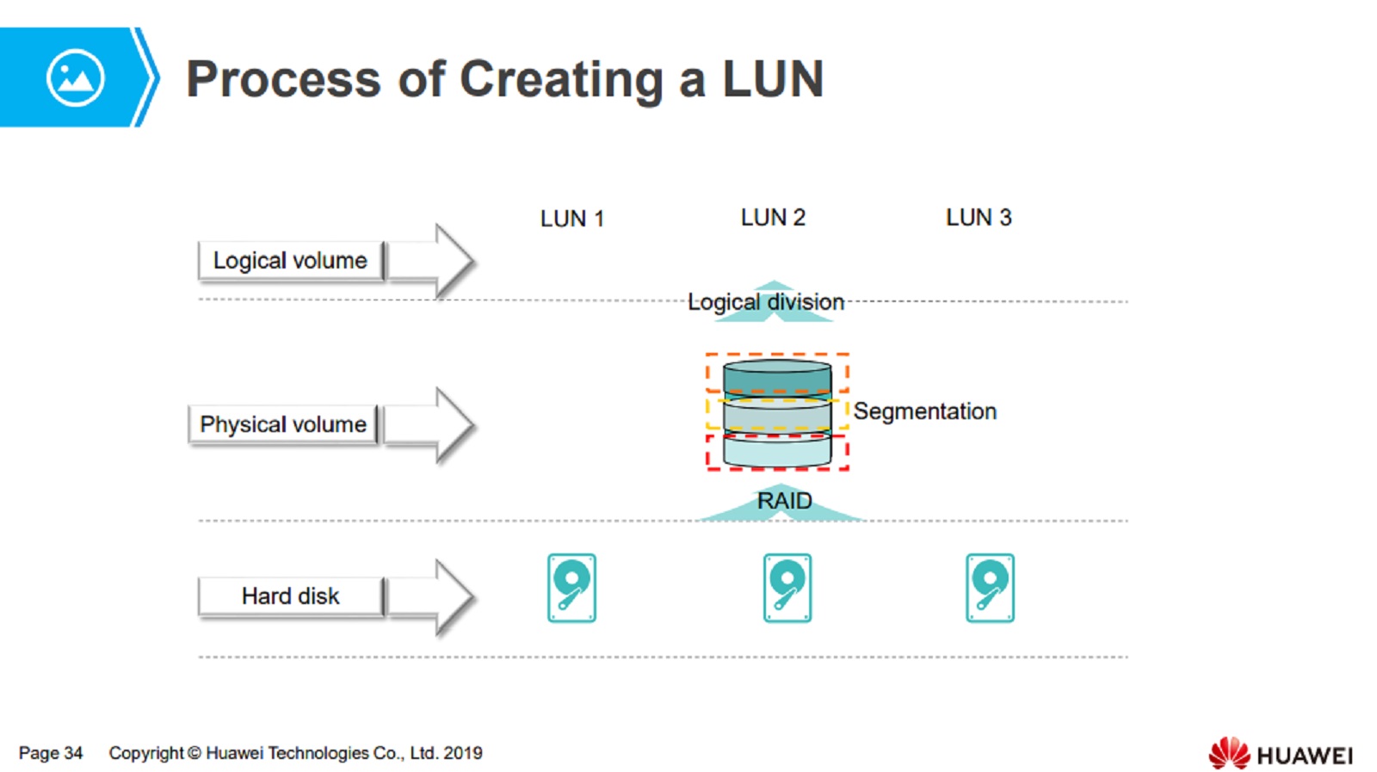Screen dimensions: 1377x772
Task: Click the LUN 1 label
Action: [572, 219]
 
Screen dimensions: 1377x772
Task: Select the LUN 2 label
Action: [773, 217]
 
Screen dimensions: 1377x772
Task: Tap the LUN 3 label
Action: [979, 217]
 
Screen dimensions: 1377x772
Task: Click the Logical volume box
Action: [290, 261]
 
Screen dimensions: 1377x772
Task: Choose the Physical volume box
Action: [283, 424]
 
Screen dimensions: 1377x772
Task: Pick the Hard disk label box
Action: [290, 596]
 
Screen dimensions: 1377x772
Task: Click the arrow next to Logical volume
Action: [431, 261]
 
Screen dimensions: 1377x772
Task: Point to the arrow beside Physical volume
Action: [429, 424]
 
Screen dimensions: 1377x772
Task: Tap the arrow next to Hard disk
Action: [431, 596]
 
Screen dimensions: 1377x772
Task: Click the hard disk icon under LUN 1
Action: [571, 588]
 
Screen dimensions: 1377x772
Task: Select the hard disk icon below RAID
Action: [787, 588]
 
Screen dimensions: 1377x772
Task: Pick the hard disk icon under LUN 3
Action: [990, 588]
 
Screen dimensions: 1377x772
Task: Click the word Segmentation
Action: [924, 411]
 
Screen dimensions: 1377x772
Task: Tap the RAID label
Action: [784, 500]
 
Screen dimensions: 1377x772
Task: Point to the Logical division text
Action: [765, 302]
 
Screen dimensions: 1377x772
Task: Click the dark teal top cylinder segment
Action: [777, 378]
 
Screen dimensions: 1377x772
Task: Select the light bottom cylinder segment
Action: [777, 450]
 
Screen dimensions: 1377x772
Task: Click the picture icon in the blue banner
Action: [76, 78]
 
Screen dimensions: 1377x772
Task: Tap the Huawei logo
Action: [1280, 753]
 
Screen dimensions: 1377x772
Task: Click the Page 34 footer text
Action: [51, 753]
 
